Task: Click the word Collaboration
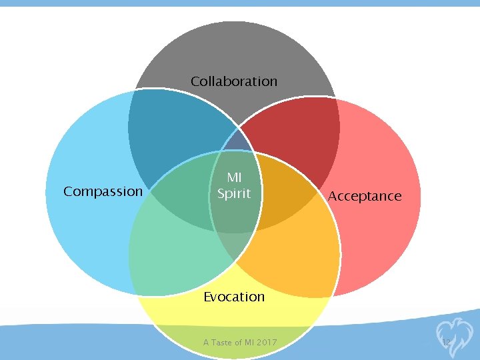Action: pyautogui.click(x=234, y=81)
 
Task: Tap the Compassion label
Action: pyautogui.click(x=103, y=192)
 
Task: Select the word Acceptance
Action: pyautogui.click(x=365, y=196)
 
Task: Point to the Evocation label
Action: pyautogui.click(x=234, y=297)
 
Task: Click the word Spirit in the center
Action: pyautogui.click(x=234, y=193)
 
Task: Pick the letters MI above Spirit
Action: pyautogui.click(x=234, y=178)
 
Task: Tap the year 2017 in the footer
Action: pyautogui.click(x=265, y=343)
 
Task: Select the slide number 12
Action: pyautogui.click(x=447, y=342)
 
